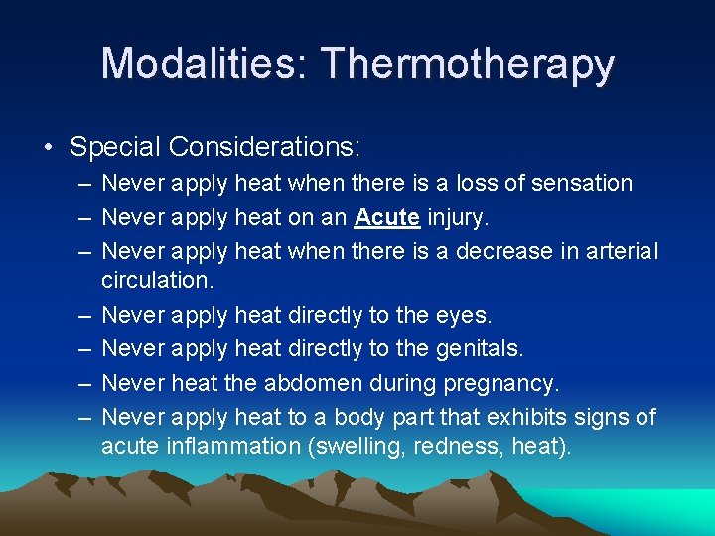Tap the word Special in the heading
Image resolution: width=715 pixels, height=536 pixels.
tap(115, 148)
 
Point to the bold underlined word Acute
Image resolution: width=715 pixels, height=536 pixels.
tap(387, 216)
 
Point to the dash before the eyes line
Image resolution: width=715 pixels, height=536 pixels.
tap(80, 315)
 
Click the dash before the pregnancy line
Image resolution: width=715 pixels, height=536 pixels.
tap(80, 382)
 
